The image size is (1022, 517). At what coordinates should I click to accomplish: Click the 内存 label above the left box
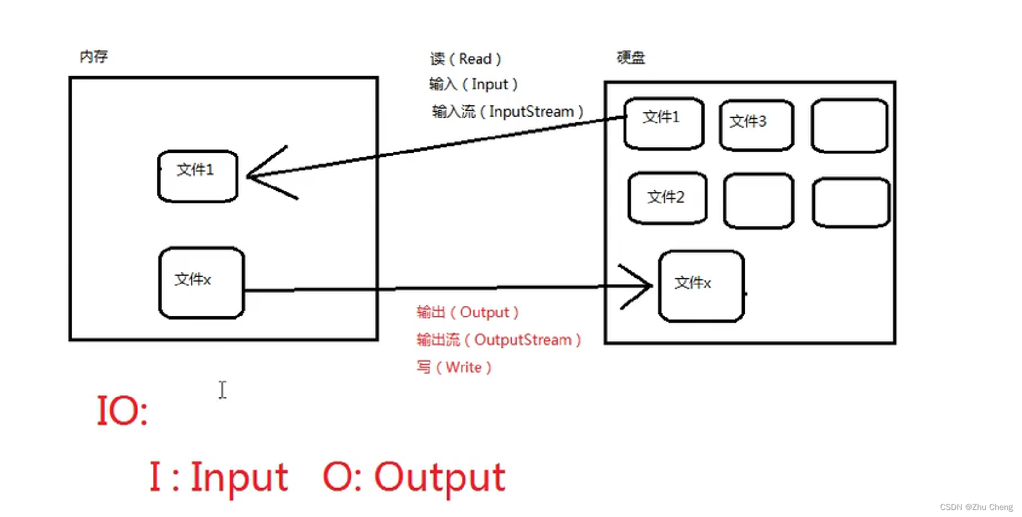coord(94,57)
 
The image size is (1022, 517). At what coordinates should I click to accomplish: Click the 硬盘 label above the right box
coord(631,57)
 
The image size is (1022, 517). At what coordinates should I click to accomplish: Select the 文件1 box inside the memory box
coord(198,176)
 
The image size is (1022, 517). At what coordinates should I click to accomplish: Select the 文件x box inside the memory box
coord(202,283)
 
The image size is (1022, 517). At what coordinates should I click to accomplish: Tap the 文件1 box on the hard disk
coord(664,123)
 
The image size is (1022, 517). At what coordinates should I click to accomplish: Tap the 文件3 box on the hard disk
coord(756,125)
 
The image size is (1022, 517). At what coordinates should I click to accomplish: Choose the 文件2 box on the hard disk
coord(667,197)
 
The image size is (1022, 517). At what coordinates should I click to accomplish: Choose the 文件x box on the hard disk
coord(701,286)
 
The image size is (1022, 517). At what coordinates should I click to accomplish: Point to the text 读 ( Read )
coord(466,59)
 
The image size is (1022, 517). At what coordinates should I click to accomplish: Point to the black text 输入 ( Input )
coord(473,85)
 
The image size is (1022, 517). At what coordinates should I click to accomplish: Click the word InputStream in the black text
coord(531,112)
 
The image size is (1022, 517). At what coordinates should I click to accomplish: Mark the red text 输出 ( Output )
coord(467,313)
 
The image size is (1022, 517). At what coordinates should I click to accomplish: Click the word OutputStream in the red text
coord(522,340)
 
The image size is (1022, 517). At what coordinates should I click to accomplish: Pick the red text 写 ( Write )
coord(454,367)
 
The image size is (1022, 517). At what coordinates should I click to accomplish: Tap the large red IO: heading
coord(122,410)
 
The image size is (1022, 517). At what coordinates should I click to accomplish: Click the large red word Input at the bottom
coord(239,477)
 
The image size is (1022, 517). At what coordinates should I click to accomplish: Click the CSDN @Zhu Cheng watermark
coord(976,507)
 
